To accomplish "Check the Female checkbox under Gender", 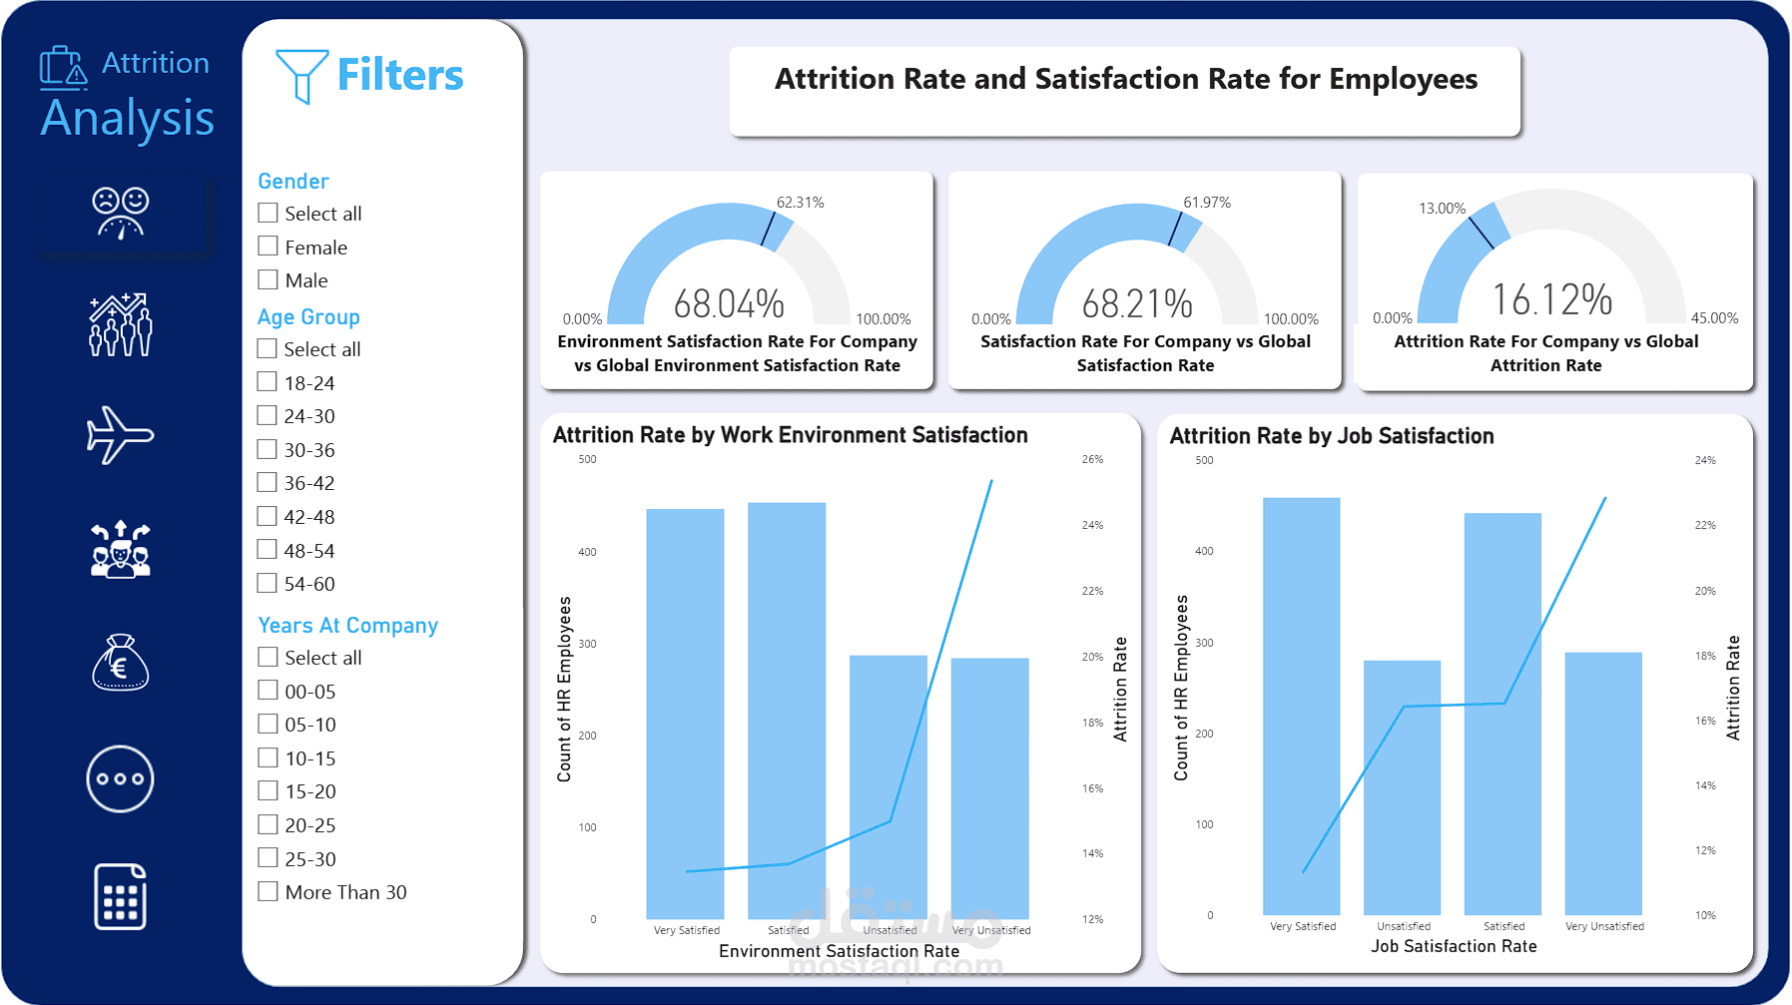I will (268, 247).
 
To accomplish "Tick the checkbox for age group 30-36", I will (267, 449).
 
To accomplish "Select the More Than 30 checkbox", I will (268, 891).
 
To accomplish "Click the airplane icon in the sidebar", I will (120, 435).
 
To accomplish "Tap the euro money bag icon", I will (120, 663).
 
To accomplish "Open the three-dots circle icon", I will (120, 778).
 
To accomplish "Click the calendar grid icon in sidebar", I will (120, 896).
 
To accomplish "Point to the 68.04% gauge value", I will (729, 303).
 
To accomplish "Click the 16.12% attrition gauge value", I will (1552, 299).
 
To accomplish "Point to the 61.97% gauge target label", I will (1206, 203).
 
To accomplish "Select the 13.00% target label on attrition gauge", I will (1442, 209).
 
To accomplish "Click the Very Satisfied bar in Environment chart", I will (685, 714).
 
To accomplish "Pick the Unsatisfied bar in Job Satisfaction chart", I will (1402, 787).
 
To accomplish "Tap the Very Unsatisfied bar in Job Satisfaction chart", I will (1603, 783).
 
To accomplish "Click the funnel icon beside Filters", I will (301, 75).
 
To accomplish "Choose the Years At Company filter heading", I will (347, 626).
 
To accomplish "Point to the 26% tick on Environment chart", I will (1092, 460).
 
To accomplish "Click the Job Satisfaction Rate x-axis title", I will (1454, 946).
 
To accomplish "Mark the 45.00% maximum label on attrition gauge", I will (1714, 318).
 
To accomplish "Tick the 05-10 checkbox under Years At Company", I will (268, 724).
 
